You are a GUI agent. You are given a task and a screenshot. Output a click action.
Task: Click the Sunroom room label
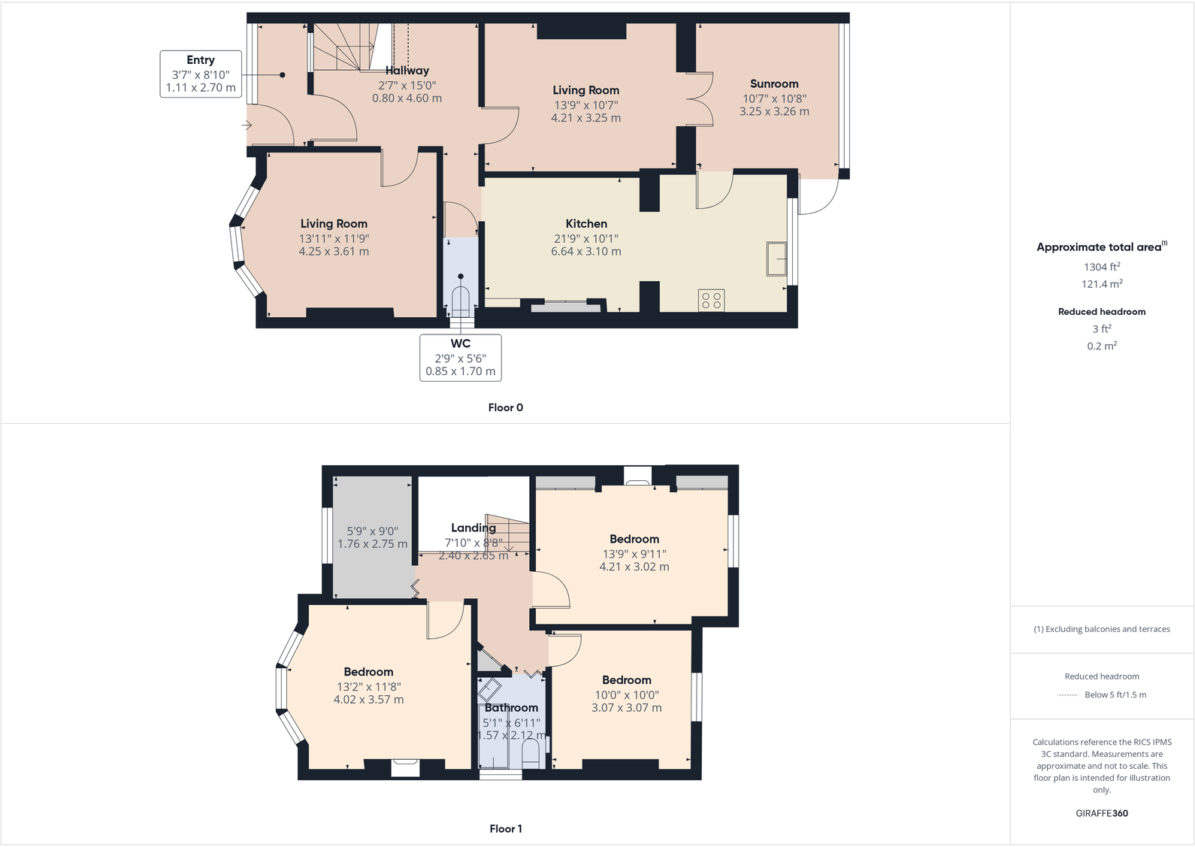click(x=774, y=84)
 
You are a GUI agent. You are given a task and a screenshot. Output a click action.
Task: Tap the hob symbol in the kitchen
click(x=711, y=301)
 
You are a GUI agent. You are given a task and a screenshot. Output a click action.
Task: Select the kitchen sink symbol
click(x=776, y=259)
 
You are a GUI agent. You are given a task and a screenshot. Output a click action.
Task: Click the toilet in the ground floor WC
click(x=460, y=301)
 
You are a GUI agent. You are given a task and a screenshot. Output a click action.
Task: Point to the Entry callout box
click(x=201, y=74)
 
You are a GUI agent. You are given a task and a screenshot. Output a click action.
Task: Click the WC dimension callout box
click(x=460, y=358)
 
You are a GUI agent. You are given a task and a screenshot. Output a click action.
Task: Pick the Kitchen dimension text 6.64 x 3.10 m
click(x=585, y=252)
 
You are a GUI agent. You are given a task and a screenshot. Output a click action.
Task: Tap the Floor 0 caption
click(x=505, y=407)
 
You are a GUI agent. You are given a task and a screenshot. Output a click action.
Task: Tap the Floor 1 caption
click(x=505, y=829)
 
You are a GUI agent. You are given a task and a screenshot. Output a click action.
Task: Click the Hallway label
click(x=407, y=71)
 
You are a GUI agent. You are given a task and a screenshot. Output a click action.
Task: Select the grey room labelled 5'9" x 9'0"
click(x=372, y=537)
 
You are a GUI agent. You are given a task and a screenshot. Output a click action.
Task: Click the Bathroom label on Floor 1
click(x=511, y=708)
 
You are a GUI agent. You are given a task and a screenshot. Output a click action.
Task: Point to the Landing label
click(x=473, y=528)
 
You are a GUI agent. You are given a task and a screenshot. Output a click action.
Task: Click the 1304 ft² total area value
click(x=1102, y=267)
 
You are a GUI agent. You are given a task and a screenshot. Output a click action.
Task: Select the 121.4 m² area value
click(x=1102, y=284)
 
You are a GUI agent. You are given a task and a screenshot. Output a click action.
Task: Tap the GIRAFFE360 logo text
click(x=1102, y=813)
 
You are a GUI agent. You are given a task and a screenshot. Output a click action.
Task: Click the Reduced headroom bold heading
click(x=1102, y=312)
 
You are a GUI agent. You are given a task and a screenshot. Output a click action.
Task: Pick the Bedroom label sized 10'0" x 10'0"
click(x=626, y=680)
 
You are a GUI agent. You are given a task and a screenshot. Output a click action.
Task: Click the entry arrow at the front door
click(x=247, y=126)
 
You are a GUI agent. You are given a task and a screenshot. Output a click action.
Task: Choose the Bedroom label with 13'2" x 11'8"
click(x=368, y=672)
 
